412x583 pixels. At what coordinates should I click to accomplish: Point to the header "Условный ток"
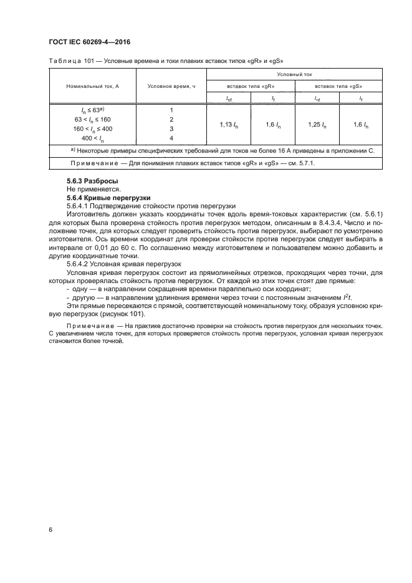pos(294,74)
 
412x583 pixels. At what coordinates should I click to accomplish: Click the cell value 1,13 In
pos(229,125)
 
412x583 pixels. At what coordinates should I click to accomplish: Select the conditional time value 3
pos(171,128)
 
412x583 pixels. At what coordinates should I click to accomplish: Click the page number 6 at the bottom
pos(50,529)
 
